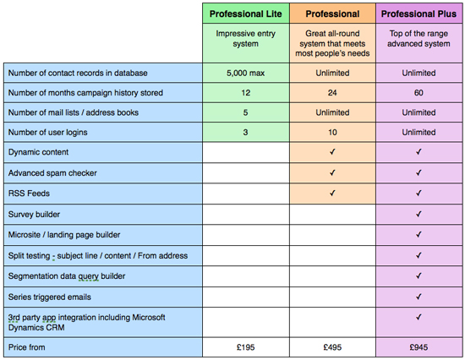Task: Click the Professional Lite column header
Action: (x=246, y=14)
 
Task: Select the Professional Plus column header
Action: (x=418, y=14)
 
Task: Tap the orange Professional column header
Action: (x=332, y=14)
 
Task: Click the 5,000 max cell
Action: (x=245, y=73)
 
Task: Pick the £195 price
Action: (x=245, y=347)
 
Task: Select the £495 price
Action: (x=332, y=347)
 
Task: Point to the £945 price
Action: (x=418, y=347)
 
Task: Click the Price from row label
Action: (x=27, y=347)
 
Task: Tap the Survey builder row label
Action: (x=34, y=214)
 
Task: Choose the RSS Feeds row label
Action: (x=29, y=194)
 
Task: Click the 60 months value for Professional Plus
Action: (x=418, y=93)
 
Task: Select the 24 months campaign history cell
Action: (x=332, y=93)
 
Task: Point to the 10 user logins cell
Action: (x=332, y=133)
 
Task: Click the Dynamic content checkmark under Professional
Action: (x=332, y=152)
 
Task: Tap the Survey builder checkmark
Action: (x=418, y=214)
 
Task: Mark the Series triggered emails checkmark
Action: (x=418, y=297)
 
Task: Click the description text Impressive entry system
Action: (x=245, y=39)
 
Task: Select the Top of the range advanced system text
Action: (x=418, y=39)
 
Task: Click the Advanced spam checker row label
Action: (x=52, y=173)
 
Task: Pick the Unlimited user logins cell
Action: (x=418, y=133)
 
